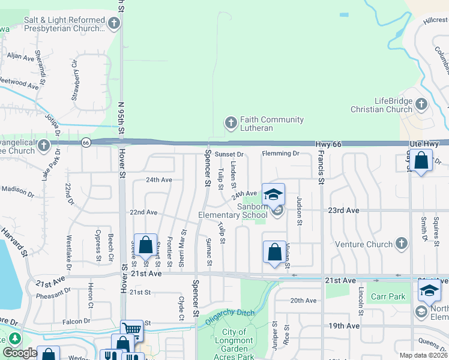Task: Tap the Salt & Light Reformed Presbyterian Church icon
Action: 113,24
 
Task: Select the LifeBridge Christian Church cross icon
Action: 421,104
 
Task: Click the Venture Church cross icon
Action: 401,244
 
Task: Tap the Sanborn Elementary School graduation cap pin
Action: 273,196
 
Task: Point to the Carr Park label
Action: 388,297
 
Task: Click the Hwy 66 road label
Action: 328,145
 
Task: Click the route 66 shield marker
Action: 86,143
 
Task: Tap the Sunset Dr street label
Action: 229,154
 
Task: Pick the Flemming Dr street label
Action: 280,154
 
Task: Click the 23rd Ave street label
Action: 343,211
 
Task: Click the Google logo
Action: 20,353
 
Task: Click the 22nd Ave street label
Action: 144,212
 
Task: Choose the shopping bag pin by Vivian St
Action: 274,252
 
